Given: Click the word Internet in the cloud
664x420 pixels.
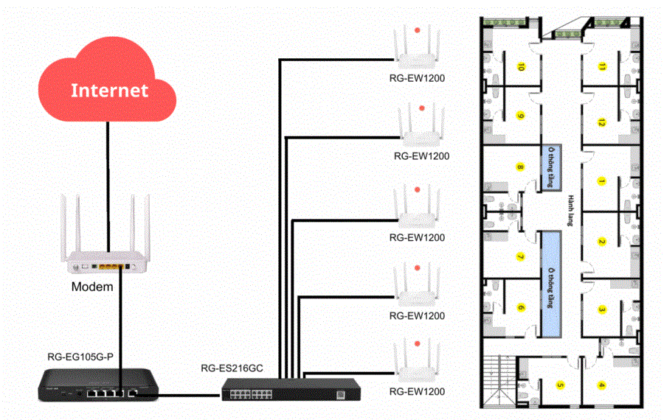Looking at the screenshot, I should tap(109, 91).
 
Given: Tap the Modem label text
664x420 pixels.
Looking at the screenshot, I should tap(92, 286).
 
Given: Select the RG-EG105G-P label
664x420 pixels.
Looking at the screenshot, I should tap(80, 357).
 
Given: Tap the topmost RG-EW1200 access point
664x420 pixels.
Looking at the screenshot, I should tap(418, 48).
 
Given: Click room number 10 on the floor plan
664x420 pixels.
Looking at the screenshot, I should tap(521, 67).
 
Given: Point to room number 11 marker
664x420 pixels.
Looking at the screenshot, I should tap(603, 67).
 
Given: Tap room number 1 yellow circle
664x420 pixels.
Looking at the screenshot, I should tap(602, 181).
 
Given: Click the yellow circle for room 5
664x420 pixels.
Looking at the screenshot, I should tap(560, 384).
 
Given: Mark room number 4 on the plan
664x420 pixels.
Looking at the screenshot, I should tap(601, 384).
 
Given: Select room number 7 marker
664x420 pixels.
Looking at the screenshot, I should tap(520, 257).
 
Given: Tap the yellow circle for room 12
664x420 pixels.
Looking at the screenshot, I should tap(602, 122).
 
